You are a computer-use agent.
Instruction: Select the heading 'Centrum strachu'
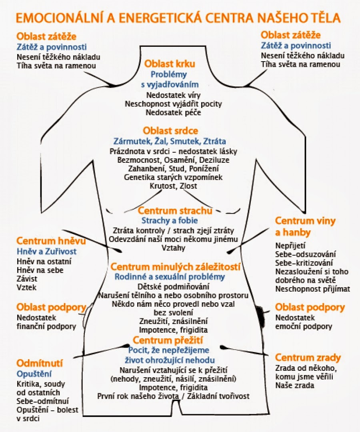point(175,210)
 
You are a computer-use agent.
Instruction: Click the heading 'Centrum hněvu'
point(45,241)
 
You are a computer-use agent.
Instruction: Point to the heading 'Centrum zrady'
point(308,357)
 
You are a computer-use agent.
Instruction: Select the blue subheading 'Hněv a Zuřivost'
point(46,252)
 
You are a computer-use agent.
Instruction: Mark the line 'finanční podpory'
point(46,326)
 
